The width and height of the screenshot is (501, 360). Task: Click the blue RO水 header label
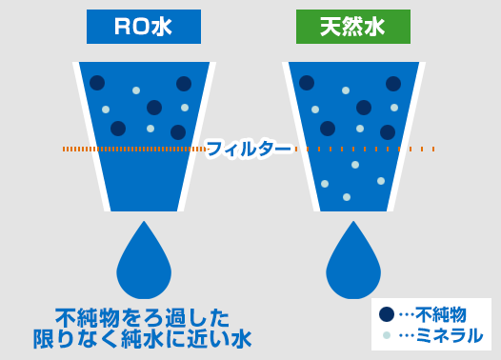[x=143, y=27]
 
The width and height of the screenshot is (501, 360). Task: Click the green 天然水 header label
[x=352, y=27]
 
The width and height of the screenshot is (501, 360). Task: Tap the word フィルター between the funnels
[x=249, y=149]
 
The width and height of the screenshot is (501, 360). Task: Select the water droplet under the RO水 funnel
[x=144, y=262]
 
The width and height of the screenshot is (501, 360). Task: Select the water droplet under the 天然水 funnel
[x=353, y=262]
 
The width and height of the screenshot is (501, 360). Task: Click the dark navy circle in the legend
[x=387, y=314]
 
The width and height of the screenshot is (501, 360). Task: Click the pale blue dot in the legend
[x=387, y=335]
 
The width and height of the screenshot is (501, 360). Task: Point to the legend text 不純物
[x=441, y=314]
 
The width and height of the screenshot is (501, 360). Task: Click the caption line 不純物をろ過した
[x=143, y=317]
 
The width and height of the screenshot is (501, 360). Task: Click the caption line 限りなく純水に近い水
[x=143, y=338]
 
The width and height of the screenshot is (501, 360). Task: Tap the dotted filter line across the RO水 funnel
[x=133, y=149]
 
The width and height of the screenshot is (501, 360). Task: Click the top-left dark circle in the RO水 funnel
[x=97, y=83]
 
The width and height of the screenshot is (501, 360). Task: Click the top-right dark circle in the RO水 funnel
[x=184, y=84]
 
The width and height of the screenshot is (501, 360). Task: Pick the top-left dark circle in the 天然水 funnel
[x=307, y=83]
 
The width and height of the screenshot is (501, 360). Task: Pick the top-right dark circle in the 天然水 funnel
[x=393, y=84]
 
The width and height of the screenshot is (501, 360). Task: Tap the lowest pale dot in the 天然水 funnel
[x=347, y=197]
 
